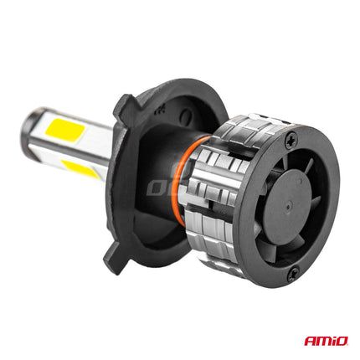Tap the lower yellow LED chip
pyautogui.click(x=78, y=167)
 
